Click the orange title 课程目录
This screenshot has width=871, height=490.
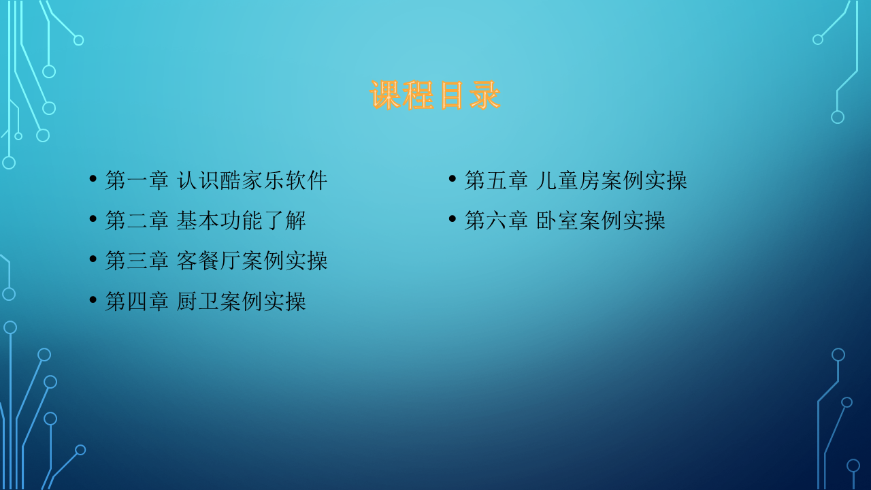coord(435,95)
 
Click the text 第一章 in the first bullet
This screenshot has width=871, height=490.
coord(137,180)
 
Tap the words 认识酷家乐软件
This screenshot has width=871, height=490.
coord(252,180)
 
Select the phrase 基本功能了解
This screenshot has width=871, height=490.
coord(242,220)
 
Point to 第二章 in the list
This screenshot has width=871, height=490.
coord(137,220)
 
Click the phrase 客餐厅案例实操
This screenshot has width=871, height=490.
coord(252,261)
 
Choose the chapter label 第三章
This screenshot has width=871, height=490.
coord(137,261)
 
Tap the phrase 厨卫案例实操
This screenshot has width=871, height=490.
coord(242,301)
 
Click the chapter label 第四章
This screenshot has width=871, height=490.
coord(137,301)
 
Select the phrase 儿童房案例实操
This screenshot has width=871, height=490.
coord(612,180)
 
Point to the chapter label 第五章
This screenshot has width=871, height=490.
coord(496,180)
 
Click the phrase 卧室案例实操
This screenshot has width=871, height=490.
coord(601,220)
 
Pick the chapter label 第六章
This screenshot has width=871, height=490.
coord(496,220)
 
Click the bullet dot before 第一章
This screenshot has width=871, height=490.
coord(93,179)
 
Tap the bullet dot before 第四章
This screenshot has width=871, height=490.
coord(93,299)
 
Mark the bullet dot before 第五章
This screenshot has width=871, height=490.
coord(453,179)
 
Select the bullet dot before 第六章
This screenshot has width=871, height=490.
coord(453,219)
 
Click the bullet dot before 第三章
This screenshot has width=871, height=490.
coord(93,259)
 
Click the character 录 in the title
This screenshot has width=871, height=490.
coord(484,95)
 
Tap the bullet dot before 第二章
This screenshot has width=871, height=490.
coord(93,219)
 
